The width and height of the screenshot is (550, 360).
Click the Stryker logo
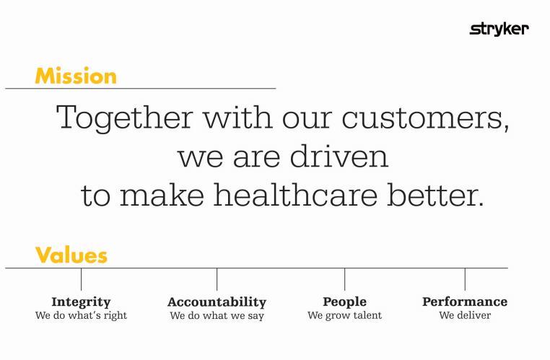499,29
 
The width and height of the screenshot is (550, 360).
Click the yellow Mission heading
75,76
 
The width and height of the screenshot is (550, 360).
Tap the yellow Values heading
71,255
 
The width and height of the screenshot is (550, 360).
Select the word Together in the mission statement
121,118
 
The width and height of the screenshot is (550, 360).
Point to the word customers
426,118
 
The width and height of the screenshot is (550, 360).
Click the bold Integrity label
81,302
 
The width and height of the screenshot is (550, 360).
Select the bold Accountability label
217,302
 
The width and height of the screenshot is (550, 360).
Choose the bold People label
344,302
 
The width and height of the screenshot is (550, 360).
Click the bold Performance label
465,302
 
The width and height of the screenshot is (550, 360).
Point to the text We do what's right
81,315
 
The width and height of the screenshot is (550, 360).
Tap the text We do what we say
217,316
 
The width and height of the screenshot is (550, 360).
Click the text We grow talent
344,315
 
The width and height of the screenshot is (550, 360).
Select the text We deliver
465,315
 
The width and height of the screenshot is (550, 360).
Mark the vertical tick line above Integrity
81,279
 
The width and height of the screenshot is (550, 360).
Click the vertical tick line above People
344,279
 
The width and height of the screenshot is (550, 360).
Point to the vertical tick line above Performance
465,279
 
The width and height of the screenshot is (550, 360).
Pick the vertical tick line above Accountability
217,279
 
